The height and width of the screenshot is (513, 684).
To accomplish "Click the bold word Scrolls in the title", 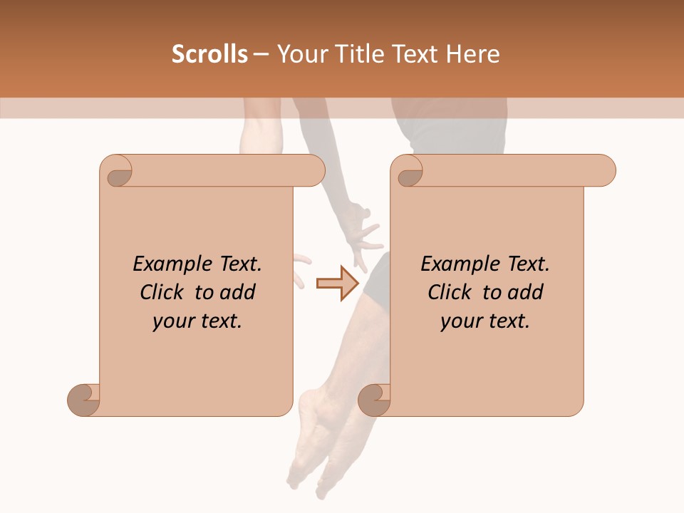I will [x=210, y=54].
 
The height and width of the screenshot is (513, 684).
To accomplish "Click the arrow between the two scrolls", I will [x=337, y=283].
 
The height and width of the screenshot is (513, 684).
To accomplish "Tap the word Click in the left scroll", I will [x=163, y=292].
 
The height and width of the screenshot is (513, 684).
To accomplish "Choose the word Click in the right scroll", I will [x=450, y=292].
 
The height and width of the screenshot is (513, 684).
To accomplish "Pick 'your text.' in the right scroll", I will [x=485, y=321].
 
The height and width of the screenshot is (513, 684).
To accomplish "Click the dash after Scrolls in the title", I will [x=261, y=54].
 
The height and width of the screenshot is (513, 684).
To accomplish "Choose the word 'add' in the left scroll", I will [x=239, y=292].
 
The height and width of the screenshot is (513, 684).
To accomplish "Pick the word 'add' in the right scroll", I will [x=527, y=292].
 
